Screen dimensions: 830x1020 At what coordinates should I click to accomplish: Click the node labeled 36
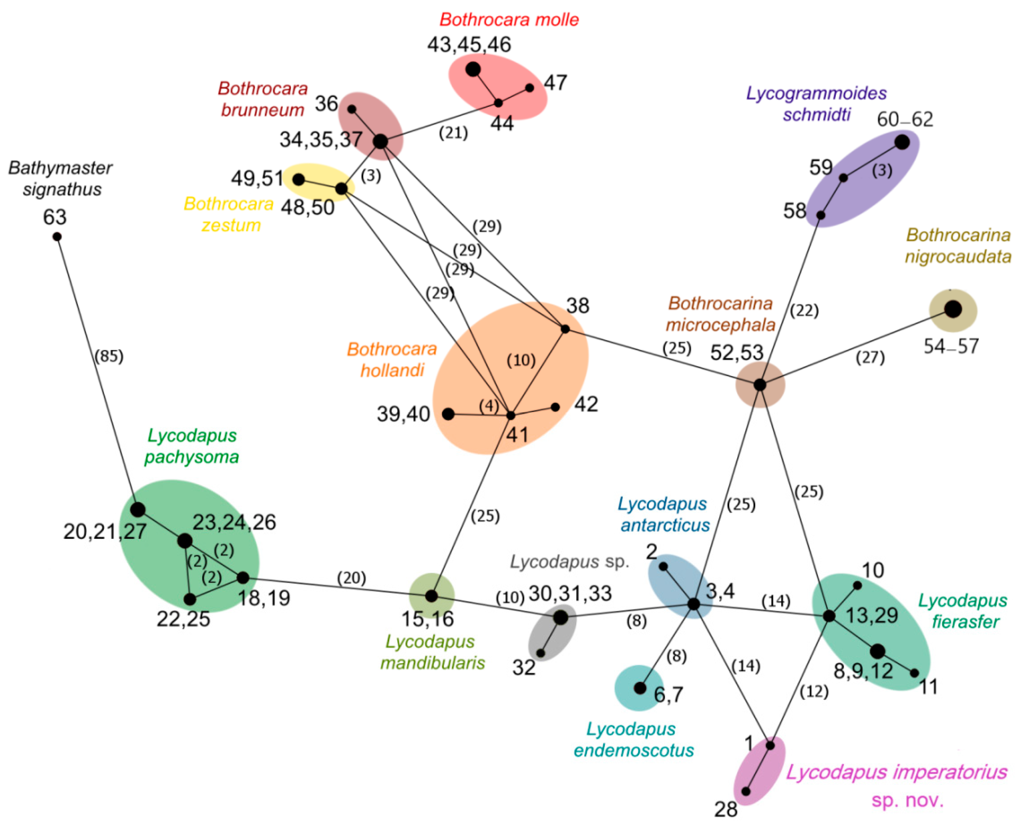pyautogui.click(x=351, y=109)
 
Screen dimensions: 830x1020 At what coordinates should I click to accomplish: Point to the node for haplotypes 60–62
pyautogui.click(x=902, y=142)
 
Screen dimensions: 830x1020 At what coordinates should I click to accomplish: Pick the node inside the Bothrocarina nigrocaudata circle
pyautogui.click(x=953, y=309)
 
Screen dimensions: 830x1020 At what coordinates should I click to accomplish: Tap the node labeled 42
pyautogui.click(x=555, y=407)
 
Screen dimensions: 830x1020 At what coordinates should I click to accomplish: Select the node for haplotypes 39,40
pyautogui.click(x=448, y=414)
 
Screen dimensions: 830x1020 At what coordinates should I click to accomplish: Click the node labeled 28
pyautogui.click(x=745, y=791)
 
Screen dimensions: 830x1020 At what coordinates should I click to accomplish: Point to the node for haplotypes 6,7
pyautogui.click(x=640, y=688)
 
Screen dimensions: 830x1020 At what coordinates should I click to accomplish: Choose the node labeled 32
pyautogui.click(x=541, y=653)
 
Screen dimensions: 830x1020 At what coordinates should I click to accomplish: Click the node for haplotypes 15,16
pyautogui.click(x=431, y=596)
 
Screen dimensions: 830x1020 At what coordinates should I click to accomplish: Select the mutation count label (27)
pyautogui.click(x=870, y=357)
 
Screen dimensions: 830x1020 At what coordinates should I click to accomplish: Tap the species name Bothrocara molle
pyautogui.click(x=509, y=20)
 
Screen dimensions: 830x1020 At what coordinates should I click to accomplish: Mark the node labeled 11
pyautogui.click(x=914, y=673)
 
